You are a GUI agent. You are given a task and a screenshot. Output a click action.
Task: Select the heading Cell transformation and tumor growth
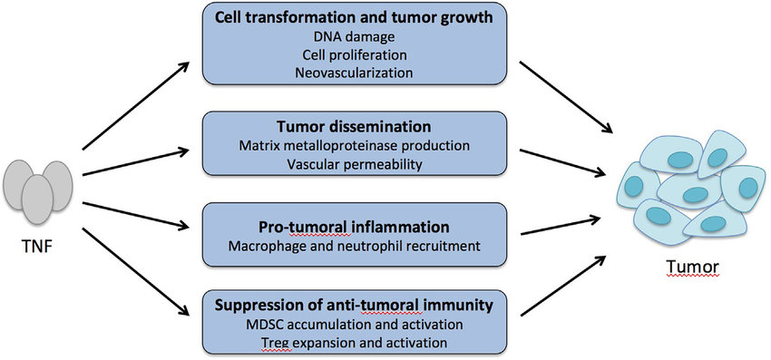coord(354,18)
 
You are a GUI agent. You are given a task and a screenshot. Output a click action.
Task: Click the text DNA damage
coord(354,36)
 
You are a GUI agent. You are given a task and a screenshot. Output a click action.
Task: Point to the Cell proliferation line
coord(354,54)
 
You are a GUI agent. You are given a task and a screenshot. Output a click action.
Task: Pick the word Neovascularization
coord(354,73)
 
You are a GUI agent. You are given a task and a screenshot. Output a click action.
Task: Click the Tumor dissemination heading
coord(354,127)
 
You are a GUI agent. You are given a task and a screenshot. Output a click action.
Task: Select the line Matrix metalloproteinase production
coord(354,146)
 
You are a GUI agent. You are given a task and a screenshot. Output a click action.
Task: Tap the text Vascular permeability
coord(354,164)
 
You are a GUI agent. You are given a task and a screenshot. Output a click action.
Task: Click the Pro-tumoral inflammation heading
coord(354,228)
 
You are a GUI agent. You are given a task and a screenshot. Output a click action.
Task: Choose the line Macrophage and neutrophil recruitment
coord(354,246)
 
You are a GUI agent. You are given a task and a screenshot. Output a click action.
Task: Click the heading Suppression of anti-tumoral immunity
coord(354,306)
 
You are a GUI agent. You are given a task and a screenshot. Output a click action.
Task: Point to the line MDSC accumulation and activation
coord(354,325)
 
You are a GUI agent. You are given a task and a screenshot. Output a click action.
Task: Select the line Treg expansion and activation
coord(354,342)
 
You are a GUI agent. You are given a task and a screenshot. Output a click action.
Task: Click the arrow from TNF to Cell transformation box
coord(136,106)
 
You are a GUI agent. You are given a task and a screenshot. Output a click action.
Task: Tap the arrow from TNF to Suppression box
coord(136,271)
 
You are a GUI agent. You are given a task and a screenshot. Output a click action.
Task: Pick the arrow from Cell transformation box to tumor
coord(566,97)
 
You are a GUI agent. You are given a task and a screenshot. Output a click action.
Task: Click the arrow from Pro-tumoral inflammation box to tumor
coord(562,226)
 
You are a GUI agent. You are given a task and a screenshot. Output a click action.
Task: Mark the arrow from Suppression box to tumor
coord(562,286)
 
